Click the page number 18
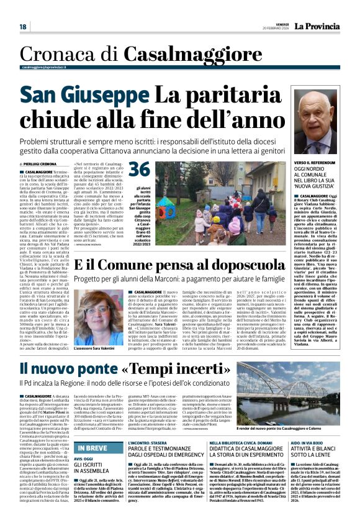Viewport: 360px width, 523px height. coord(23,27)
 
